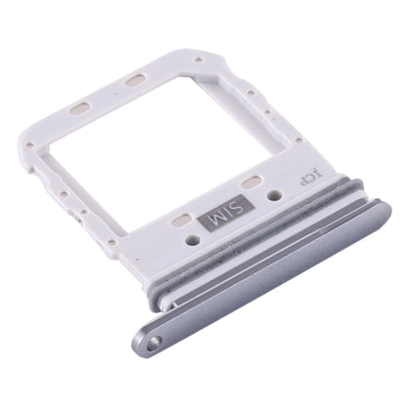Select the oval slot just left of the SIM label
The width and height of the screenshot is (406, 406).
[182, 223]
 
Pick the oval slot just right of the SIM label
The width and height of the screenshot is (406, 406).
[252, 183]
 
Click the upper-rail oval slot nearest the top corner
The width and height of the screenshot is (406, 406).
[136, 78]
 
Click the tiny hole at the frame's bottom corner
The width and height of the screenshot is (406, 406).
[114, 242]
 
